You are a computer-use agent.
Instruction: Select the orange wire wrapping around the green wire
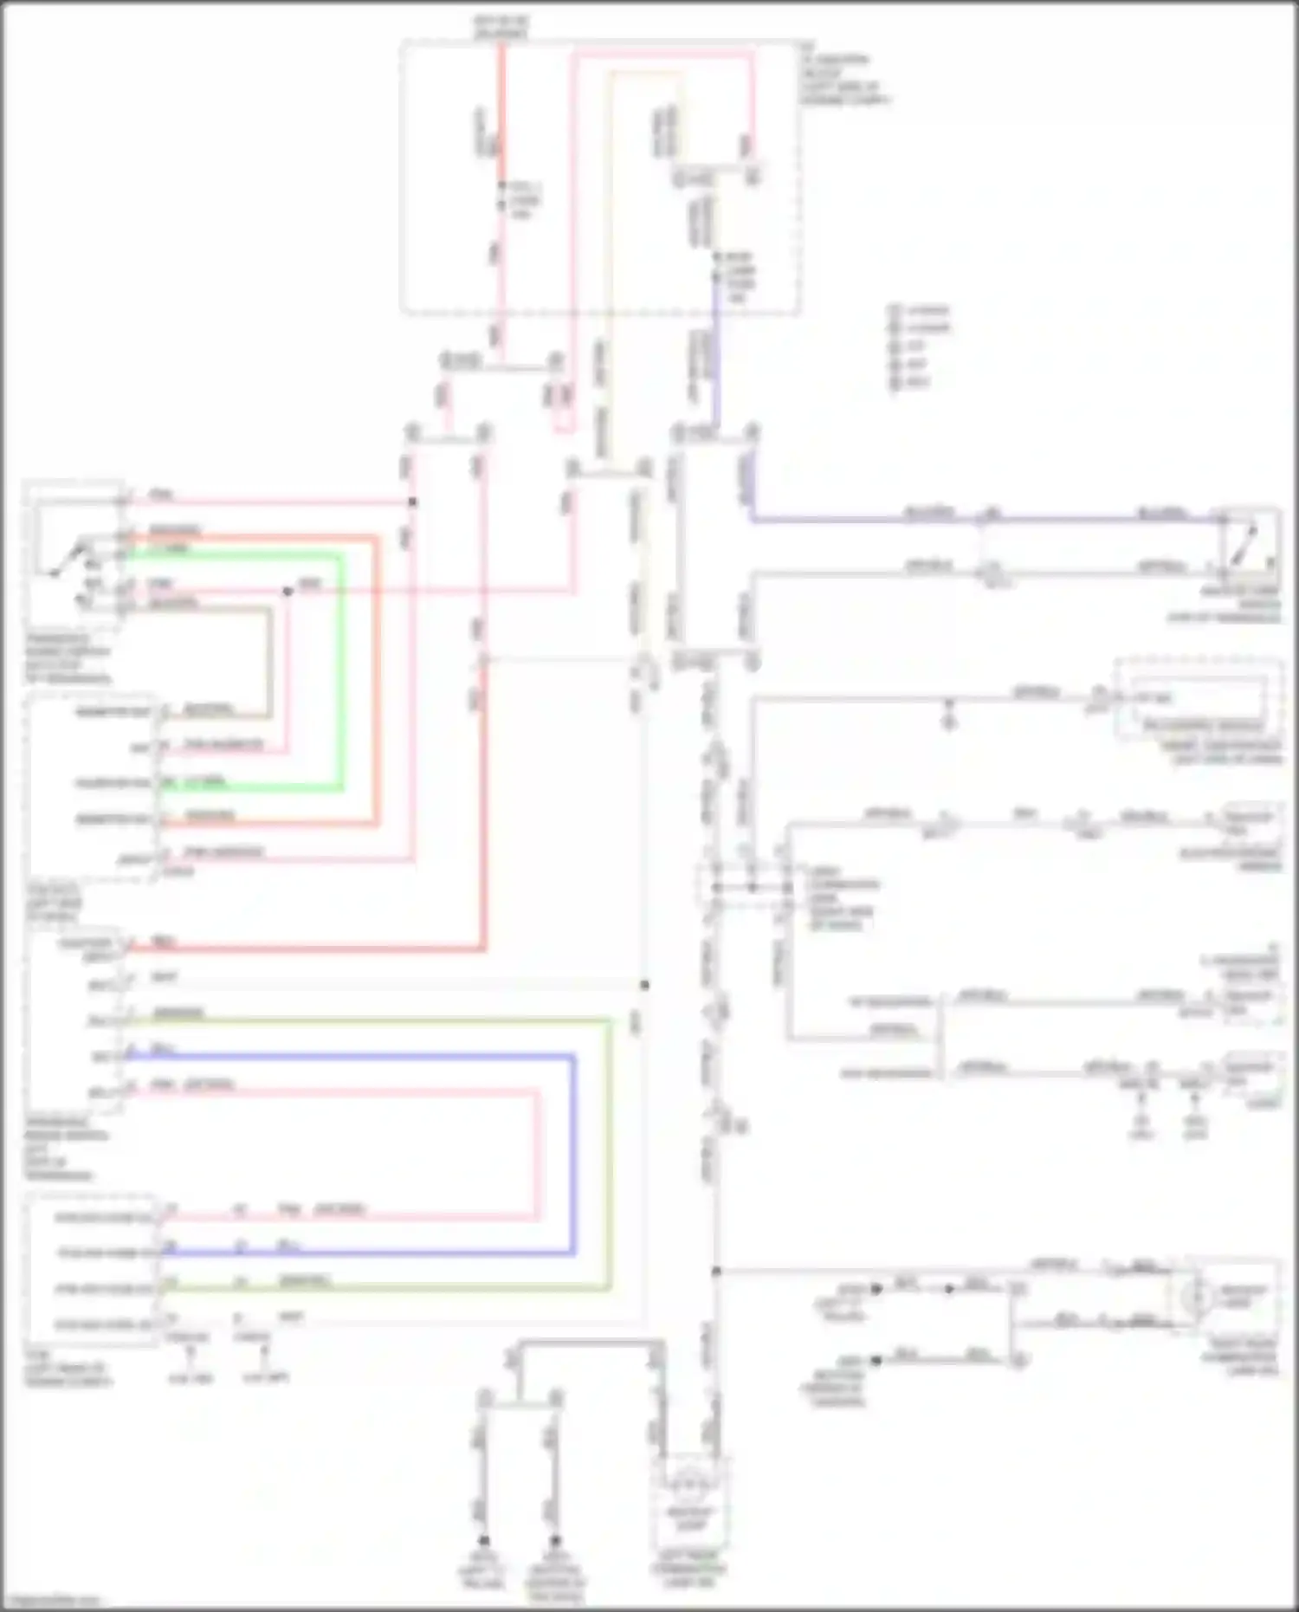378,676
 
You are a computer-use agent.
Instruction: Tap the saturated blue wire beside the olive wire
572,1152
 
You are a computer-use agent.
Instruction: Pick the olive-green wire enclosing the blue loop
610,1152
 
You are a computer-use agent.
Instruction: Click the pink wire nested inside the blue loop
537,1152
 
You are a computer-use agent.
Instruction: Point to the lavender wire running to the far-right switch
953,519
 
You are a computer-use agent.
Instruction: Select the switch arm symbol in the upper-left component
69,559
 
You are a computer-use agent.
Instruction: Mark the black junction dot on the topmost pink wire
412,502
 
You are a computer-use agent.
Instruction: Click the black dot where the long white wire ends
644,985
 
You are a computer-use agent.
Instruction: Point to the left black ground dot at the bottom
484,1541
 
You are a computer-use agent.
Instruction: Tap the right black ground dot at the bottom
555,1541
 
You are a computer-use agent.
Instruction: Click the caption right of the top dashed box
844,81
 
